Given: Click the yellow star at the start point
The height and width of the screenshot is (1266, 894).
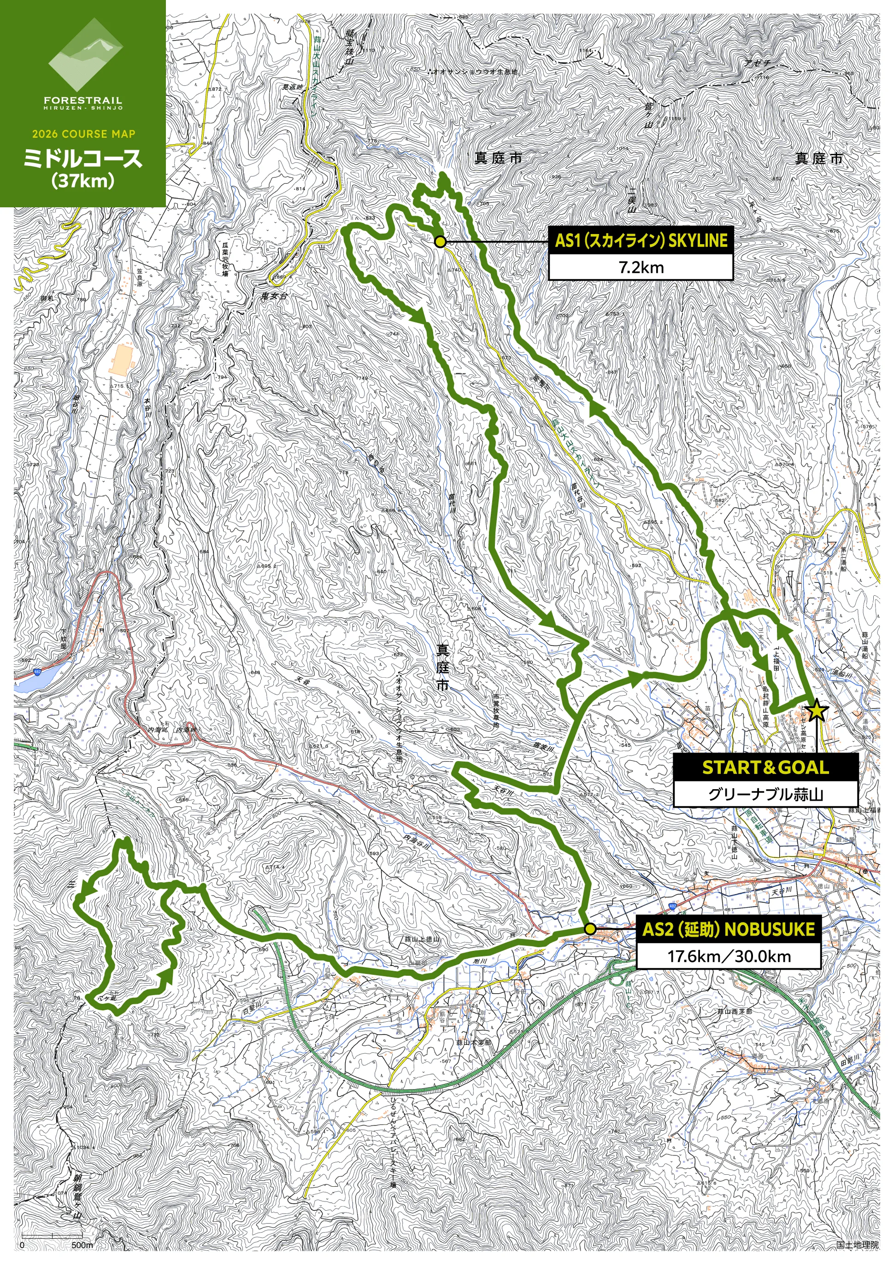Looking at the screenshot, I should pos(817,710).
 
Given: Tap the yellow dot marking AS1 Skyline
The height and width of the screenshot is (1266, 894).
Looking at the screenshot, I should pos(440,241).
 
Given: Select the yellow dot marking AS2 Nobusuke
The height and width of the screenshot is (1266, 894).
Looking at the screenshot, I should pos(590,929).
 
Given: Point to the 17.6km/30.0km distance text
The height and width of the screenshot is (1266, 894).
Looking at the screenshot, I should pos(729,957).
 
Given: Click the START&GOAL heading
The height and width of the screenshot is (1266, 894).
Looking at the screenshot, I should pos(765,768).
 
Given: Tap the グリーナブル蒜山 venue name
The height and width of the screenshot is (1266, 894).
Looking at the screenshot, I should pos(765,795).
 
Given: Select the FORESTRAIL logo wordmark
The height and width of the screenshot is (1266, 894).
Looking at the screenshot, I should pos(83,101).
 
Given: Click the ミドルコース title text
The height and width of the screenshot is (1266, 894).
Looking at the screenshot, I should pos(83,159).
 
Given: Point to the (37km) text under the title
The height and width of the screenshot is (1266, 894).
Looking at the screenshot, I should pos(83,181).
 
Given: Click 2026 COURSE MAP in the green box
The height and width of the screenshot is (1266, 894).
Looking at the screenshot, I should pos(83,134).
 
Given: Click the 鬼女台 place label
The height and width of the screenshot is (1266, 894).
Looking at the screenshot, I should pos(274,297).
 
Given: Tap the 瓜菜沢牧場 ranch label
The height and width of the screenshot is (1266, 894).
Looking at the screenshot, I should pos(225,258).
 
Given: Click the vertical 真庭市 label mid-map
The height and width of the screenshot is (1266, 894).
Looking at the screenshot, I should pos(442,667).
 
